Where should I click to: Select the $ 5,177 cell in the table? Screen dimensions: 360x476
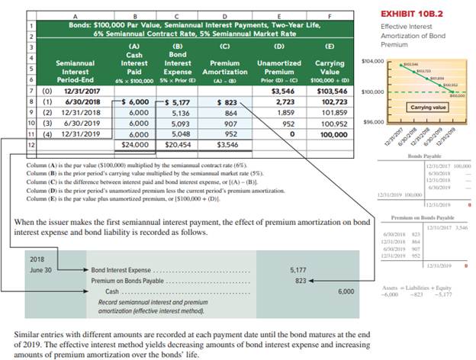[178, 101]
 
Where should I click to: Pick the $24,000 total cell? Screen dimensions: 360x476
[133, 143]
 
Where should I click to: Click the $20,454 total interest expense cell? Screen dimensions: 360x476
[178, 143]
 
